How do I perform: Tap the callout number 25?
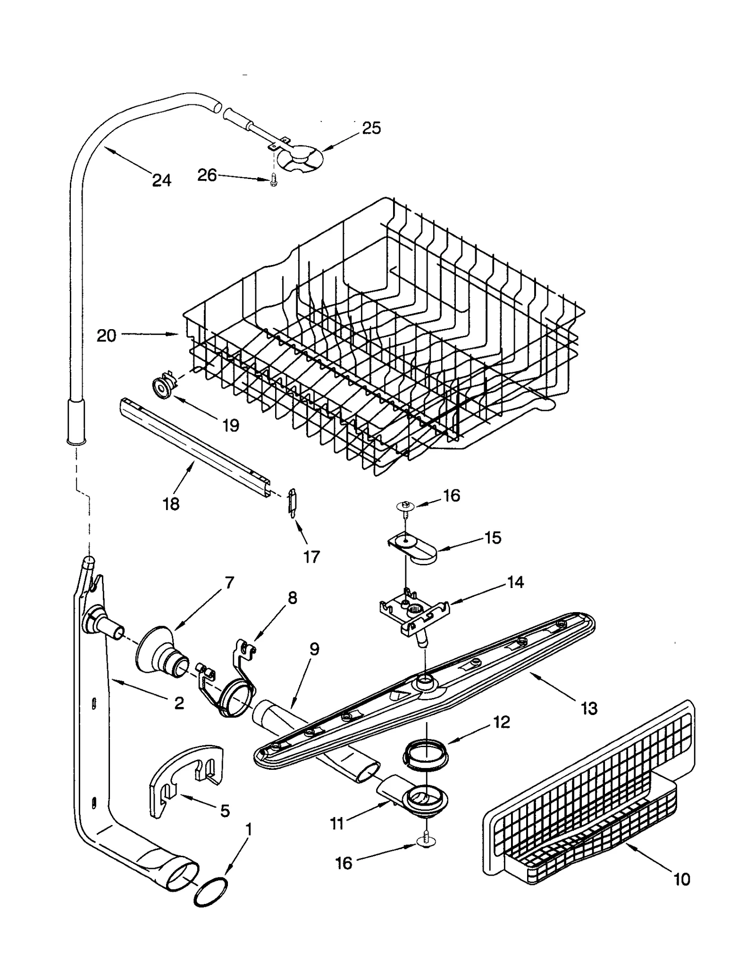371,128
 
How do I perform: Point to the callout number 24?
161,180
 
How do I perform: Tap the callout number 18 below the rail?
171,504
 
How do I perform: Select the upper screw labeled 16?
405,506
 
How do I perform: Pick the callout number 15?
493,537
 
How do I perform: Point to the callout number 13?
589,708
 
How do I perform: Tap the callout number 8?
292,598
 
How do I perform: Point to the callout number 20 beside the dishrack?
106,336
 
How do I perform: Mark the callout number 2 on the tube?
179,703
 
